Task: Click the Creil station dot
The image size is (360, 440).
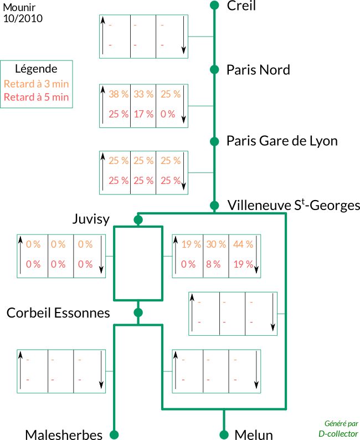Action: click(x=214, y=5)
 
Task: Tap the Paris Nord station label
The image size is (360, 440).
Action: click(x=258, y=70)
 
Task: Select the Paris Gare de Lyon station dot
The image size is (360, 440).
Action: click(x=214, y=141)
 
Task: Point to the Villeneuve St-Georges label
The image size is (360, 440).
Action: click(x=294, y=205)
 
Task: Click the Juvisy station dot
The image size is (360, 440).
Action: click(x=138, y=219)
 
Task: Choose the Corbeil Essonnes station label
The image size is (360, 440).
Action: click(x=58, y=313)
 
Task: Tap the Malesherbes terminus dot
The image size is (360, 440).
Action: click(x=114, y=434)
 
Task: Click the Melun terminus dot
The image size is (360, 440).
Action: click(x=224, y=434)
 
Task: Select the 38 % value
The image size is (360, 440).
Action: click(x=119, y=94)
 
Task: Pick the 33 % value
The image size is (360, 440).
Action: click(x=143, y=94)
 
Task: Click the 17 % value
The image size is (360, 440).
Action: click(x=143, y=114)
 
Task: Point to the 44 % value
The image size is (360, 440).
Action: click(x=243, y=244)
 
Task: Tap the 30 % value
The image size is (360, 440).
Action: click(x=216, y=244)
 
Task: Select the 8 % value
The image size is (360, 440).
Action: click(x=213, y=264)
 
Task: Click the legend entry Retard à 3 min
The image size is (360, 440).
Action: click(x=36, y=84)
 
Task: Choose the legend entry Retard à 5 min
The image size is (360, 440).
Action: click(x=36, y=97)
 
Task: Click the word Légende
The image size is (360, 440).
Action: click(x=36, y=69)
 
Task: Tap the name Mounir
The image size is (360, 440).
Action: click(x=19, y=7)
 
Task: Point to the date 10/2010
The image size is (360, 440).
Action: click(x=23, y=18)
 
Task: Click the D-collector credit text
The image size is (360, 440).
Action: click(x=338, y=434)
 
